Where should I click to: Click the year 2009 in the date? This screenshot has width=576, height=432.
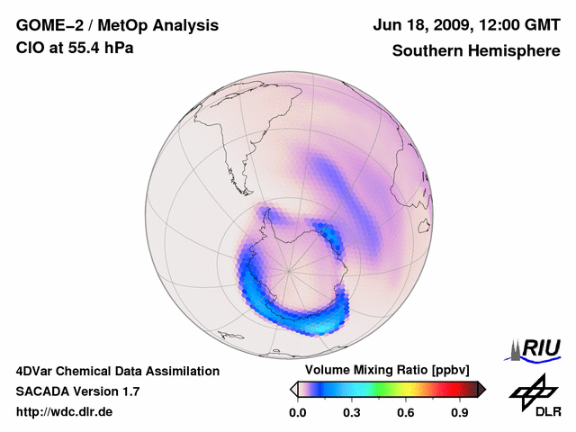point(437,25)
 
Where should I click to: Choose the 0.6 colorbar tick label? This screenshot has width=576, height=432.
point(405,413)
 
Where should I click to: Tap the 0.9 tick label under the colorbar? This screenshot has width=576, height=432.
point(459,413)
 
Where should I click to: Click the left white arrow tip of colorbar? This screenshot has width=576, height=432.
point(293,389)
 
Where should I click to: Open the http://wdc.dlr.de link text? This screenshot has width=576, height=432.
point(65,412)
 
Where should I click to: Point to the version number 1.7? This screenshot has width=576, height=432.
point(129,391)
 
